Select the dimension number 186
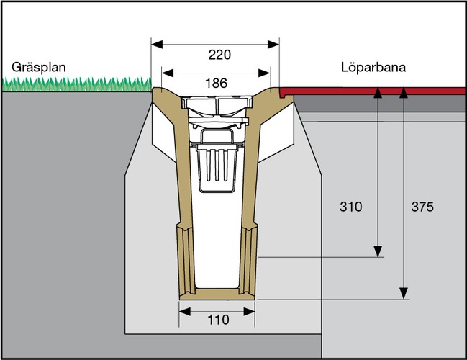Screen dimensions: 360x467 coord(216,83)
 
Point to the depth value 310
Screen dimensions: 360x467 coord(351,207)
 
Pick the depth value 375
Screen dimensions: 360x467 coord(422,207)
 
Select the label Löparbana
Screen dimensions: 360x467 coord(373,67)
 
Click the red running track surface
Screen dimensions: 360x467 coord(374,91)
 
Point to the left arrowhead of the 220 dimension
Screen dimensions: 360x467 coord(155,42)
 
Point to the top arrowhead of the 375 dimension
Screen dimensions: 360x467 coord(405,91)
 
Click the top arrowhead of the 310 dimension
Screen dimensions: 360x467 coord(377,91)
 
